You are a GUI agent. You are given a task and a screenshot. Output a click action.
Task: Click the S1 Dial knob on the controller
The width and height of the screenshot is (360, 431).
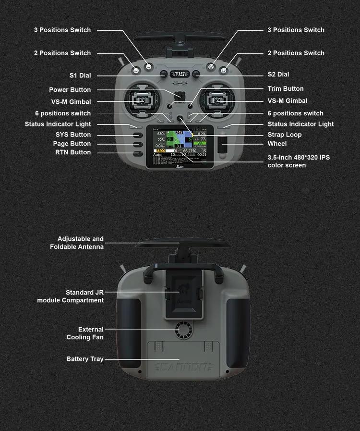(x=164, y=74)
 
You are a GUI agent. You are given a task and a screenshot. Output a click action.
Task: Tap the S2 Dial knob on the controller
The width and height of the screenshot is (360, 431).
(x=196, y=74)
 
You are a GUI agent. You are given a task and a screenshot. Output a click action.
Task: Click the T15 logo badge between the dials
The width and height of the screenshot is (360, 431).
(x=180, y=74)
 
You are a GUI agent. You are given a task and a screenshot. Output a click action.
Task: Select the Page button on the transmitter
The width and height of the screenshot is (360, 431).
(x=138, y=144)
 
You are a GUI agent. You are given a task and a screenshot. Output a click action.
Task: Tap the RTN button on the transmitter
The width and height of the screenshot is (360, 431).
(x=138, y=153)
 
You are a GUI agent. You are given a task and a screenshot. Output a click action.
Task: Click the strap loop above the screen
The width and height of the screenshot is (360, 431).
(x=180, y=119)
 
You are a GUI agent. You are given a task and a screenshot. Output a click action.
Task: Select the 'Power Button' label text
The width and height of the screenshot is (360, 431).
(x=70, y=90)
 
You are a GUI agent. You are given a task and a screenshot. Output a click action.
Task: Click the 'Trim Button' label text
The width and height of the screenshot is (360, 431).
(x=286, y=89)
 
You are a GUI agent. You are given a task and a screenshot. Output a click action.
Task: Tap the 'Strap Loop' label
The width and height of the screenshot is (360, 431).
(x=285, y=135)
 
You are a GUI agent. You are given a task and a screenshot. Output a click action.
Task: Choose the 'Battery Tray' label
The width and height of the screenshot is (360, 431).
(x=84, y=359)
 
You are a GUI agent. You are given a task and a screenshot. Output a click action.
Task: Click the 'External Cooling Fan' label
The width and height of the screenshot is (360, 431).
(x=85, y=333)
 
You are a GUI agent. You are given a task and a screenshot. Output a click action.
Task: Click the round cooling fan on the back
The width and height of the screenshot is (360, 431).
(x=183, y=330)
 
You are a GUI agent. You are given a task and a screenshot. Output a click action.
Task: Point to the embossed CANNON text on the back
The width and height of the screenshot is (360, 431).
(x=183, y=368)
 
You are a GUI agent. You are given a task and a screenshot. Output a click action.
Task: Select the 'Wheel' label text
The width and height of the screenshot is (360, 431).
(x=277, y=144)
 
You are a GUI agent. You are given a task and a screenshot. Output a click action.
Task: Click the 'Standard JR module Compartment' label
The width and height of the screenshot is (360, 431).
(x=71, y=296)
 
